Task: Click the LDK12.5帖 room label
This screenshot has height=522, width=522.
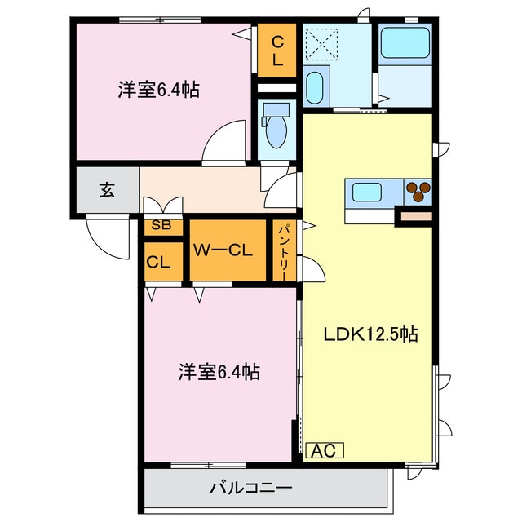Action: click(x=371, y=334)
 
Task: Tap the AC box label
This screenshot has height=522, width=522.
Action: click(x=325, y=450)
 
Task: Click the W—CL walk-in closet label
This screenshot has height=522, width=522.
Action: click(x=227, y=250)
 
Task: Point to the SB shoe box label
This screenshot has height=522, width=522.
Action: click(x=161, y=226)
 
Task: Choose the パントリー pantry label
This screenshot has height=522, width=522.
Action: click(x=281, y=251)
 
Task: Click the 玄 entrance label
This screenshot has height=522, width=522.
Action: click(x=107, y=190)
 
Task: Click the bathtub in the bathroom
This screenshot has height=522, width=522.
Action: click(x=405, y=43)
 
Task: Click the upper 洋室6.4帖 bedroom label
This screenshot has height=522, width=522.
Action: click(x=158, y=90)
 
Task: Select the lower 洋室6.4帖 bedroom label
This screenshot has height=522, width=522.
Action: click(x=219, y=373)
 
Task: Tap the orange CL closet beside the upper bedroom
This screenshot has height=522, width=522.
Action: click(x=276, y=51)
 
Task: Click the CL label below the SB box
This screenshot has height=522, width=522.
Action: click(x=158, y=263)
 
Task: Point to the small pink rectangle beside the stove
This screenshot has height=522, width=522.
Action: click(x=414, y=216)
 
